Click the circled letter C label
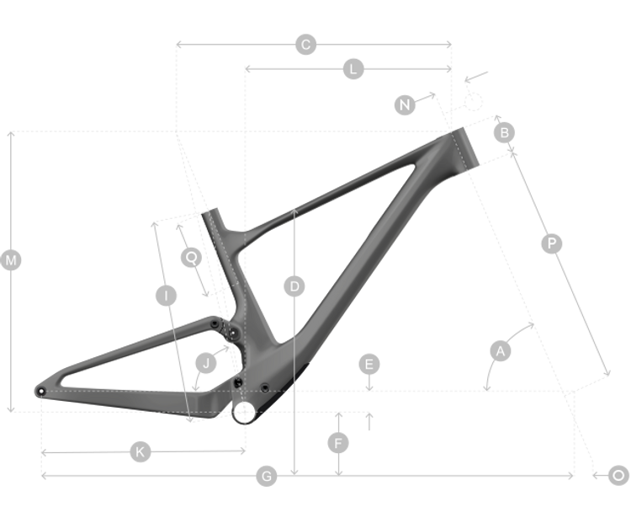click(306, 45)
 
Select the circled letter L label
click(353, 70)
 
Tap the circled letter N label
click(406, 104)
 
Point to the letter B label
click(504, 132)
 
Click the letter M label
click(11, 261)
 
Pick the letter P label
click(552, 243)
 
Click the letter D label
click(294, 286)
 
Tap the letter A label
click(501, 351)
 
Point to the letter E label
click(369, 364)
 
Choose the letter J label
click(205, 364)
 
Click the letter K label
click(140, 452)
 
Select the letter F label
click(338, 442)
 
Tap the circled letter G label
click(266, 478)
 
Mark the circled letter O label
click(618, 476)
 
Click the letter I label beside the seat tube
click(167, 296)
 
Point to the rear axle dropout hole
click(40, 392)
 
